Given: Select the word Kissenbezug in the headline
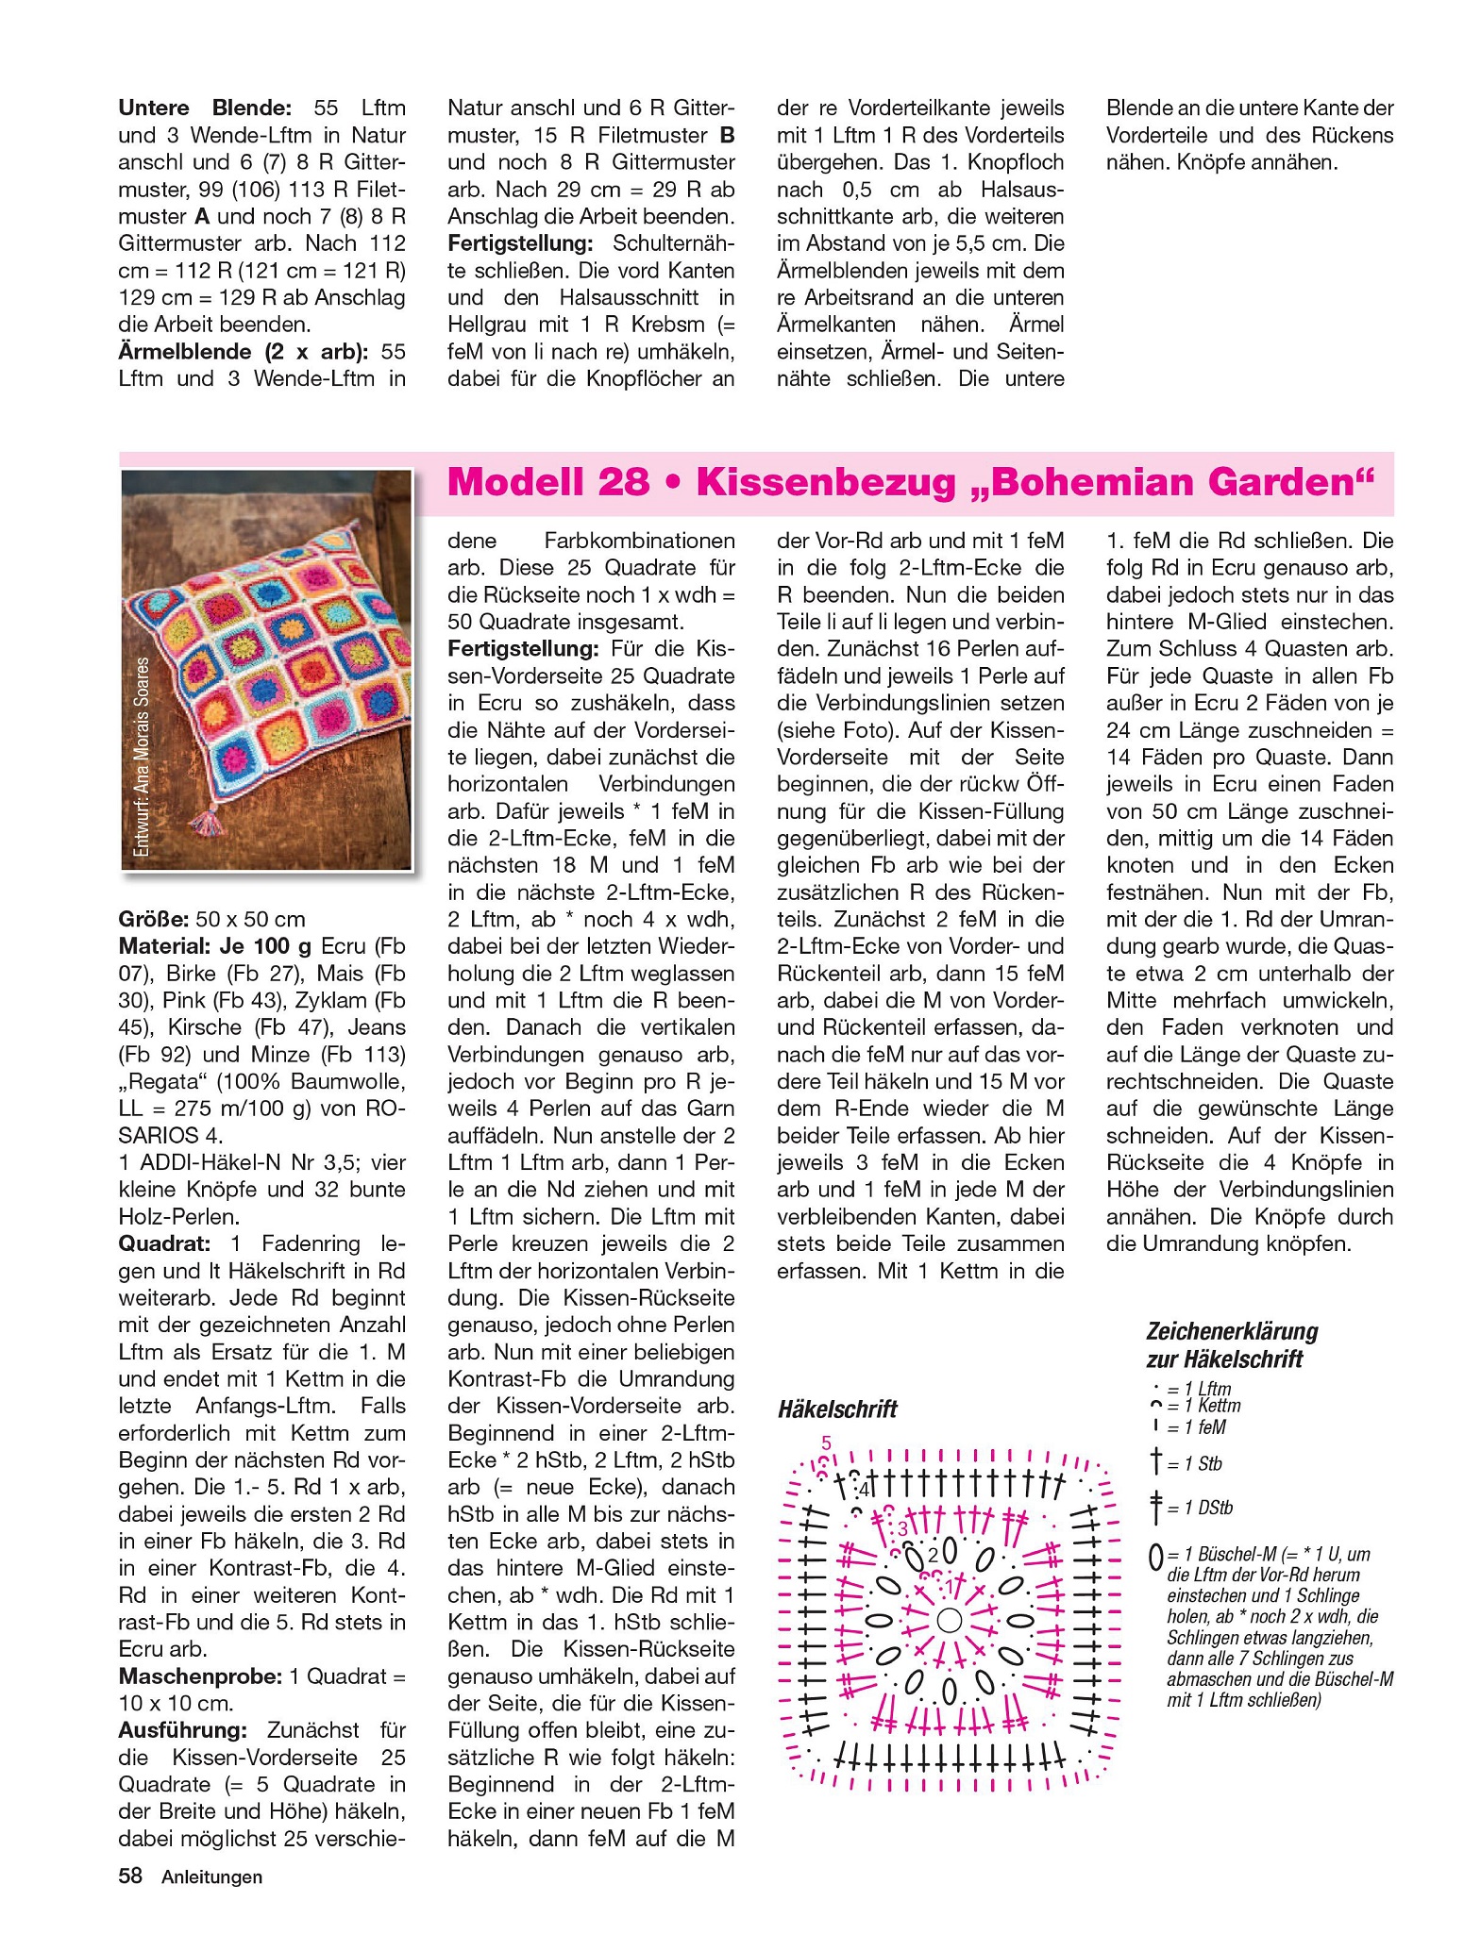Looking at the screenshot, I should click(x=827, y=483).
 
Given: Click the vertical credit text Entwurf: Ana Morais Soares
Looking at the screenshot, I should click(x=142, y=756).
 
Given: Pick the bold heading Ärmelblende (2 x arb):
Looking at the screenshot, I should click(x=244, y=352).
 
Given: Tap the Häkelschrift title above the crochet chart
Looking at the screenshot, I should click(x=837, y=1409).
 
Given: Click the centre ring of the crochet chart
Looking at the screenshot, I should click(x=950, y=1620).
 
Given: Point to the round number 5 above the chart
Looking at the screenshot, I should click(x=827, y=1442).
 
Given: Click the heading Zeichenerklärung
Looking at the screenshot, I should click(x=1232, y=1331).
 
